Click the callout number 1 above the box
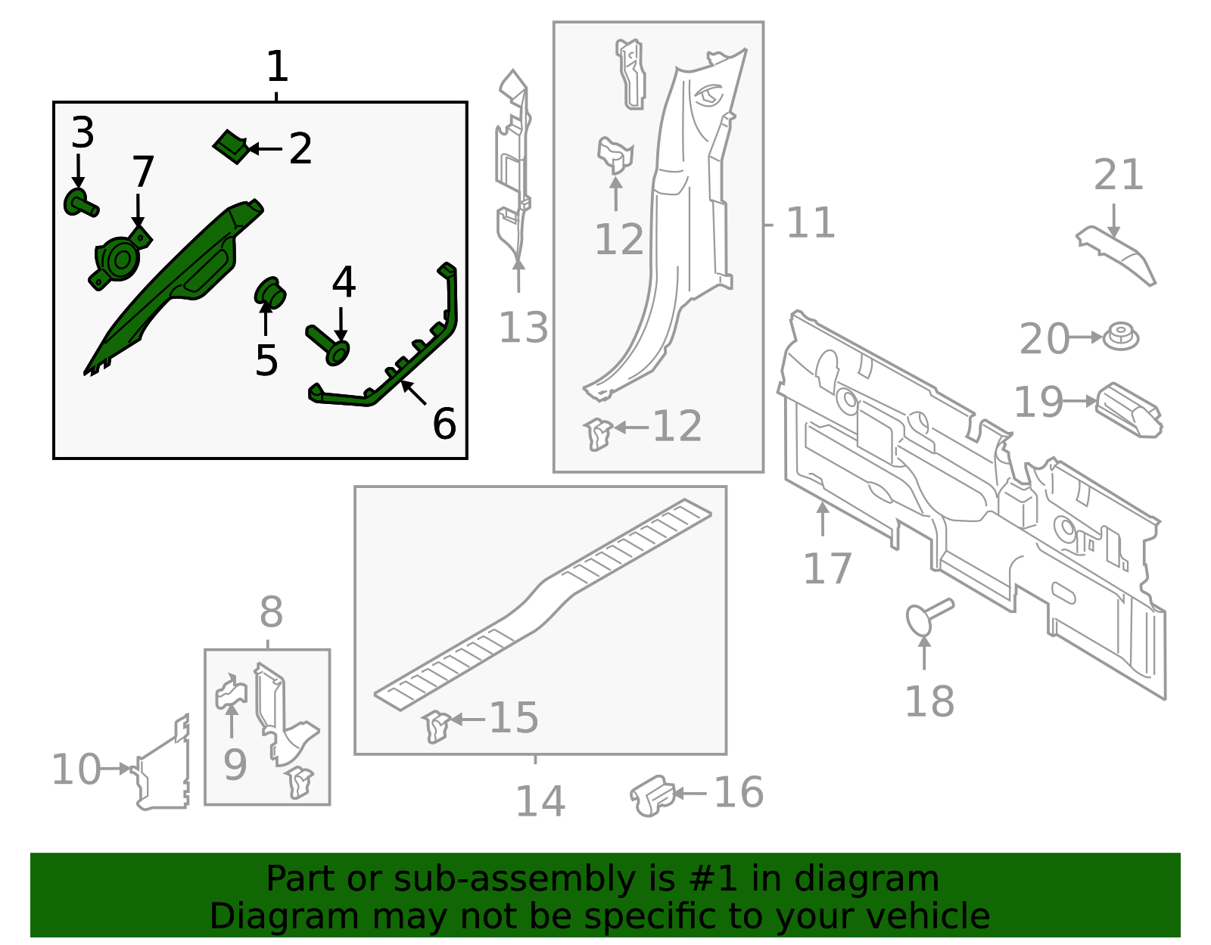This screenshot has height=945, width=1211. tap(277, 67)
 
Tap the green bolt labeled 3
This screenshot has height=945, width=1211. tap(80, 204)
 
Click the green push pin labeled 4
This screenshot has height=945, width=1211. tap(328, 345)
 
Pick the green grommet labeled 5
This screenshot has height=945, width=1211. tap(270, 294)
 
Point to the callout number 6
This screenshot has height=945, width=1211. tap(444, 424)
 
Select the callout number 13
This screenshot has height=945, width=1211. tap(523, 328)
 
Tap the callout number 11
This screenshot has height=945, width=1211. tap(811, 223)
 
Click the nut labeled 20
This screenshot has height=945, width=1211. tap(1121, 337)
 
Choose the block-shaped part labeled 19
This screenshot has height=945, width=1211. tap(1129, 410)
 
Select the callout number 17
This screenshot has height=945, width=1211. tap(827, 568)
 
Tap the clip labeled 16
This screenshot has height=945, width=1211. tap(652, 796)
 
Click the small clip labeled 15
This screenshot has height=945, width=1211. tap(437, 726)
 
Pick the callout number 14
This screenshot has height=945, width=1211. tap(540, 802)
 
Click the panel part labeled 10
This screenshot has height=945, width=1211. tap(163, 763)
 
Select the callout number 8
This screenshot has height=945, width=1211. tap(272, 613)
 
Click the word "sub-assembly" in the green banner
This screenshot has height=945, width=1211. tap(515, 878)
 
